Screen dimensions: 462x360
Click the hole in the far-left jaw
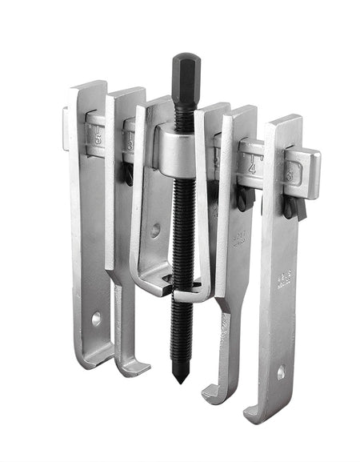(97, 318)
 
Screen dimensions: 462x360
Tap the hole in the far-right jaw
(281, 372)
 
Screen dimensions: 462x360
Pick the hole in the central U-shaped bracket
(155, 230)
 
